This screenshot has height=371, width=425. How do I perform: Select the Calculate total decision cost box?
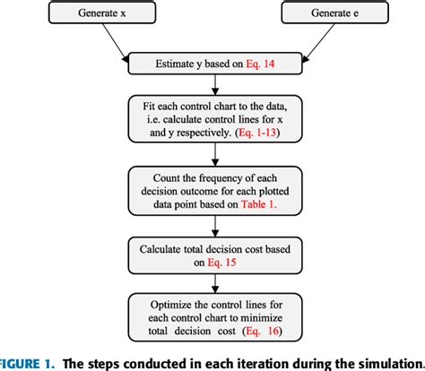212,252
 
